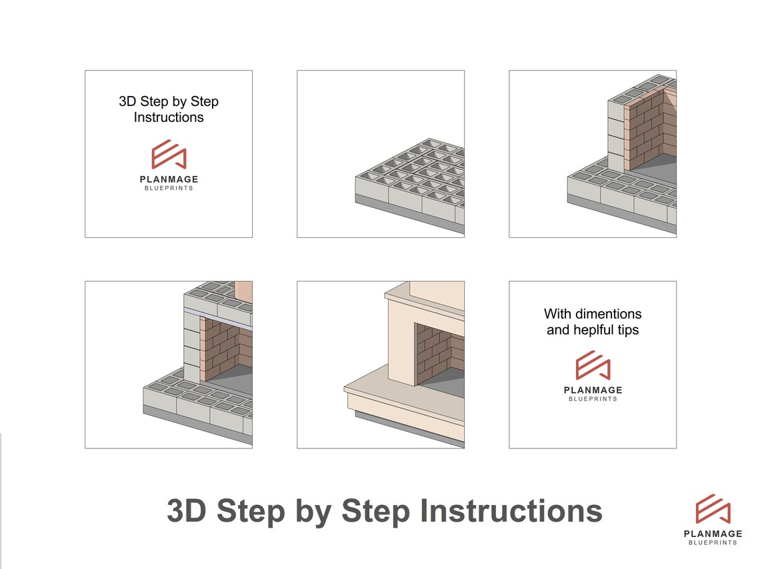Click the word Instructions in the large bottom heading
(x=511, y=512)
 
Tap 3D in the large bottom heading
(x=187, y=512)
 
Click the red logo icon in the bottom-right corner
(x=713, y=510)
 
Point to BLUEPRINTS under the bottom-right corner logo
(x=713, y=543)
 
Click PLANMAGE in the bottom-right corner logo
(x=713, y=534)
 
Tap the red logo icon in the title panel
(x=169, y=155)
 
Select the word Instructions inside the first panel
(x=169, y=117)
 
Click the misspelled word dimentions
(x=609, y=313)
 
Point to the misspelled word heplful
(x=593, y=330)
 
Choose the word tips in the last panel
(x=628, y=330)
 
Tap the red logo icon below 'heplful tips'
(x=593, y=365)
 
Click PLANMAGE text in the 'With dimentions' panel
(x=593, y=390)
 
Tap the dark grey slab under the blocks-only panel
(x=407, y=217)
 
